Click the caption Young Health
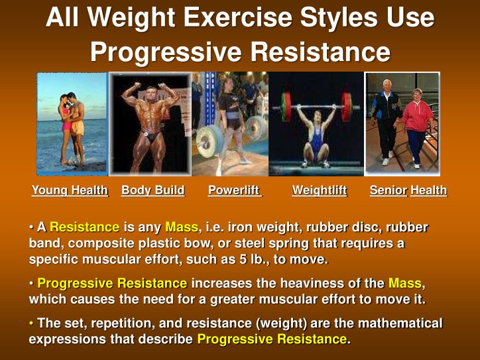[x=70, y=191]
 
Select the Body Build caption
[x=152, y=191]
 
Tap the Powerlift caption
[x=234, y=191]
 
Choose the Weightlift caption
[x=320, y=191]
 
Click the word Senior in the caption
[x=389, y=191]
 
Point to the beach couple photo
[x=72, y=123]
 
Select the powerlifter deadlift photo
[x=229, y=123]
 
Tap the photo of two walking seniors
[x=402, y=123]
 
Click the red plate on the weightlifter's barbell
[x=286, y=105]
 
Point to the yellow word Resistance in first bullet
[x=84, y=227]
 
